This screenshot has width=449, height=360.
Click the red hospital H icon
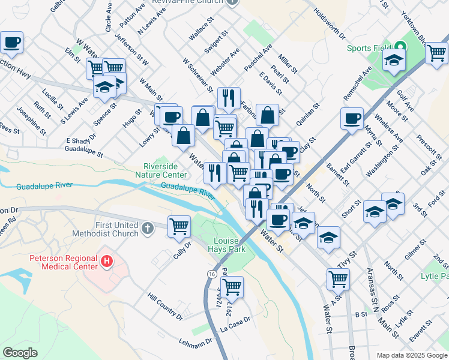(107, 262)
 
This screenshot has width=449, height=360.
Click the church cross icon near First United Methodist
(148, 228)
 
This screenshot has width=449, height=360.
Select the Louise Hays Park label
(224, 243)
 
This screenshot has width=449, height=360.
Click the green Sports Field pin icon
(400, 47)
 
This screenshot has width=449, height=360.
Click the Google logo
(20, 353)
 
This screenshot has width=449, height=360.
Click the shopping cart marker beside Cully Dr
(179, 227)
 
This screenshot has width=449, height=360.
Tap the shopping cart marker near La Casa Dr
(231, 287)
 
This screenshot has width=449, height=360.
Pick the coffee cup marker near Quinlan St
(352, 118)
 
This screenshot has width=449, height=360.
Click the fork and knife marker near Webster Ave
(229, 98)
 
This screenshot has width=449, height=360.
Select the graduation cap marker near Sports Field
(394, 60)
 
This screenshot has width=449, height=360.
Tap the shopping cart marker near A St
(338, 279)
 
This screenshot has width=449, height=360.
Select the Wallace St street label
(202, 28)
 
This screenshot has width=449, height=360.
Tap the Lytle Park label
(436, 277)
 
